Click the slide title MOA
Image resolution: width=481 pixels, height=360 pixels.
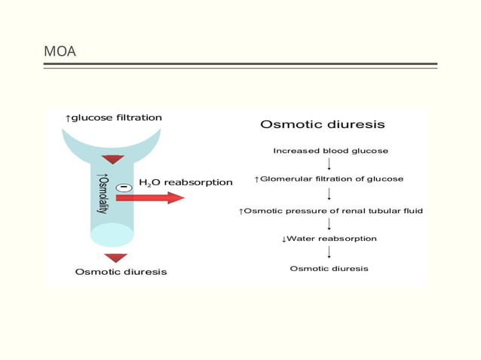60,52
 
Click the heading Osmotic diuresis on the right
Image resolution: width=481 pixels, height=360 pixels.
322,124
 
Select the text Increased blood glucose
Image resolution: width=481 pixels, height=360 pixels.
330,151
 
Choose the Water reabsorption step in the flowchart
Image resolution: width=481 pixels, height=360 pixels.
329,239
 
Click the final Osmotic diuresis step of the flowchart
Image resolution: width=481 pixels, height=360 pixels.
329,269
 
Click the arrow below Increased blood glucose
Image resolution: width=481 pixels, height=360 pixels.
329,164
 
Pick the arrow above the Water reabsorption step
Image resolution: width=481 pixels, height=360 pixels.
329,224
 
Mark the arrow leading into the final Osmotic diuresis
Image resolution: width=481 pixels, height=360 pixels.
329,253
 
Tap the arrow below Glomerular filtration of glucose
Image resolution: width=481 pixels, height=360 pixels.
329,194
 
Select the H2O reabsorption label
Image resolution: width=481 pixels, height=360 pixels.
185,182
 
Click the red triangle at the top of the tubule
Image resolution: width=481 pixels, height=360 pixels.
113,159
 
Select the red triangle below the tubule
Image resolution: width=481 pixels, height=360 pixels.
115,258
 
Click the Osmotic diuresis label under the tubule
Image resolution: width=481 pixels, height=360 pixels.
121,272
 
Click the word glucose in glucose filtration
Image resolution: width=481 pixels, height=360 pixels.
93,117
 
